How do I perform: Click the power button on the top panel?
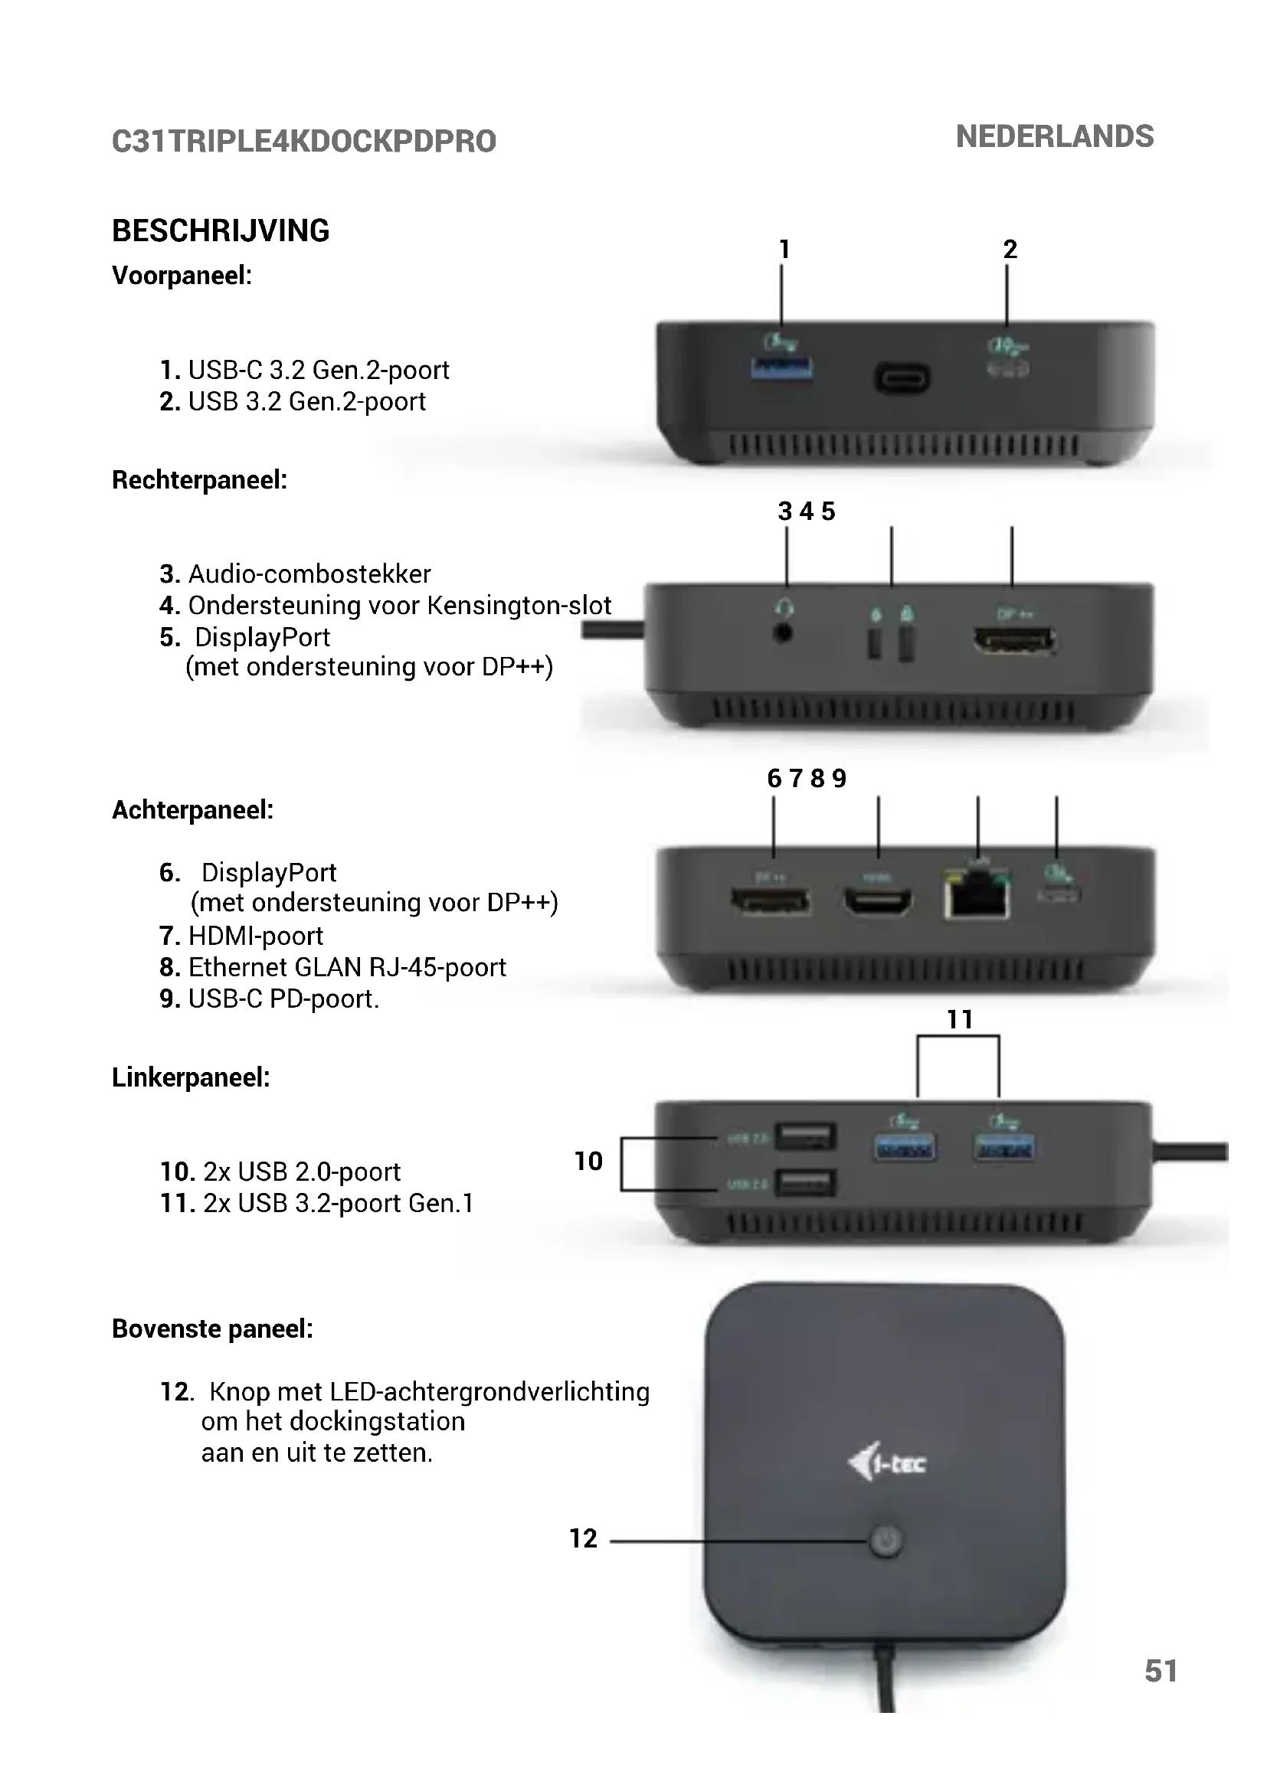tap(886, 1541)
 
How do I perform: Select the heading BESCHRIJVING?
tap(221, 231)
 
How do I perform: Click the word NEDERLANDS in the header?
tap(1054, 136)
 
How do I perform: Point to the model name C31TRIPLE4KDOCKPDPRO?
tap(303, 141)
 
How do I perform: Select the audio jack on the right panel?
tap(784, 632)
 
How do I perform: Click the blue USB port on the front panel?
tap(781, 368)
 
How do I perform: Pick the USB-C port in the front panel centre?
tap(902, 379)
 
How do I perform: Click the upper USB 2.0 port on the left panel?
tap(806, 1136)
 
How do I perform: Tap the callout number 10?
tap(588, 1162)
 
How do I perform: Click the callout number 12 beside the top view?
tap(583, 1538)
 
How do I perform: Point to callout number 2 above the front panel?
tap(1010, 250)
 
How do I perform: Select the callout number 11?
tap(960, 1019)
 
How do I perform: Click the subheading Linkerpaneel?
tap(192, 1077)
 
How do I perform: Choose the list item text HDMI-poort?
tap(256, 936)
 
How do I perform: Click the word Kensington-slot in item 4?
tap(519, 606)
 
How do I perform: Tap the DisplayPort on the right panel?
tap(1013, 640)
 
